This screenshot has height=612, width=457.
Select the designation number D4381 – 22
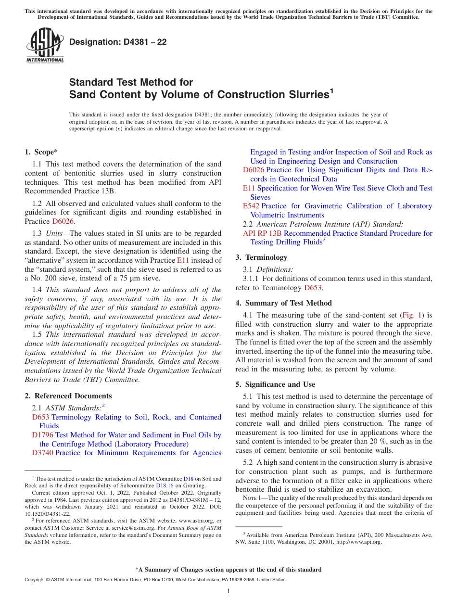(118, 42)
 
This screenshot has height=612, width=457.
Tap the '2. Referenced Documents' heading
(68, 396)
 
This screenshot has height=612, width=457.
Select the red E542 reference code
(251, 206)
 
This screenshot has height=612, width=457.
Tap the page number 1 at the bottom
(228, 591)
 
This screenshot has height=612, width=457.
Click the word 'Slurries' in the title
(305, 94)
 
